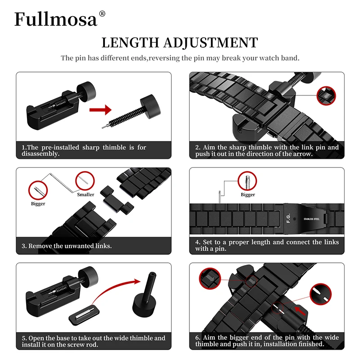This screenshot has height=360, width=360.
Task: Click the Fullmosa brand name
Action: [x=56, y=19]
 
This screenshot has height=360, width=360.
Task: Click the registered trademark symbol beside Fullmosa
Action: [x=102, y=13]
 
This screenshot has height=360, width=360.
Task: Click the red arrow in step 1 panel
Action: [x=100, y=110]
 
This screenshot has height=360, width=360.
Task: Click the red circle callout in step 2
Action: [x=326, y=95]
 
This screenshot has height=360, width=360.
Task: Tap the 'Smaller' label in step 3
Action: [x=85, y=194]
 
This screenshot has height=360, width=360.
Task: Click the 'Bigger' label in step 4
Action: [x=247, y=194]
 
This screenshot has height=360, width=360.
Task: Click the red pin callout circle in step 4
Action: [x=247, y=181]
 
